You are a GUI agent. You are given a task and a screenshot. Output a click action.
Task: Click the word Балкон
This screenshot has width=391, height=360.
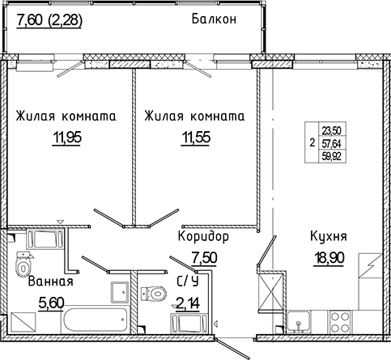(214, 20)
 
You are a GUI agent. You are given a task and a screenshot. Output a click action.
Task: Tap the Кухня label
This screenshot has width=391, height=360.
(329, 237)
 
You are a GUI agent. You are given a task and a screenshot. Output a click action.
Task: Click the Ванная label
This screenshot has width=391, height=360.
(50, 282)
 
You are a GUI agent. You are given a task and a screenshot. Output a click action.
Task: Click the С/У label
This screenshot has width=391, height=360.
(188, 282)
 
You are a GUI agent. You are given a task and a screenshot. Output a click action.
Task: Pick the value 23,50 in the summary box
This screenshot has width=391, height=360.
(331, 129)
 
